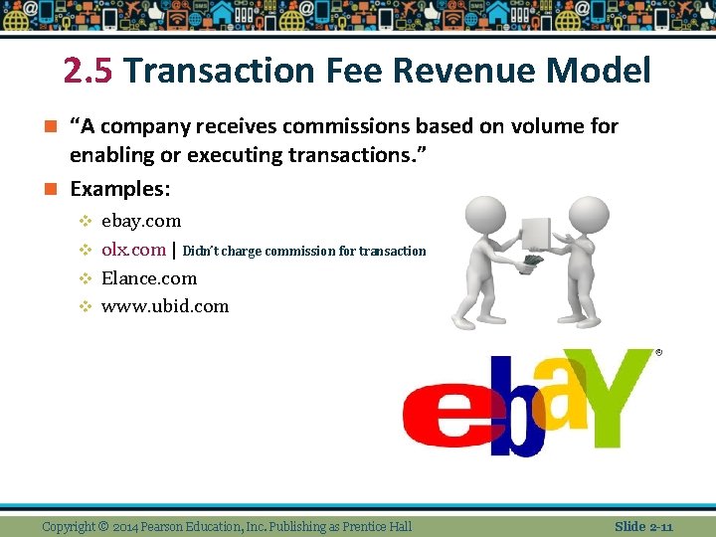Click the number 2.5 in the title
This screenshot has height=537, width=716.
click(x=89, y=72)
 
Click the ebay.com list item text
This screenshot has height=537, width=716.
click(x=141, y=221)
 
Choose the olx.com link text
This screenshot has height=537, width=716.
click(x=133, y=250)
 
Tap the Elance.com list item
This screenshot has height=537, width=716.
click(x=149, y=278)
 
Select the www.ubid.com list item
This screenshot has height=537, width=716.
click(x=165, y=306)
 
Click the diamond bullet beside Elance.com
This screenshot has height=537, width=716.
click(x=86, y=278)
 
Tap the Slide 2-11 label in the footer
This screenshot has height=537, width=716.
click(x=643, y=526)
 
